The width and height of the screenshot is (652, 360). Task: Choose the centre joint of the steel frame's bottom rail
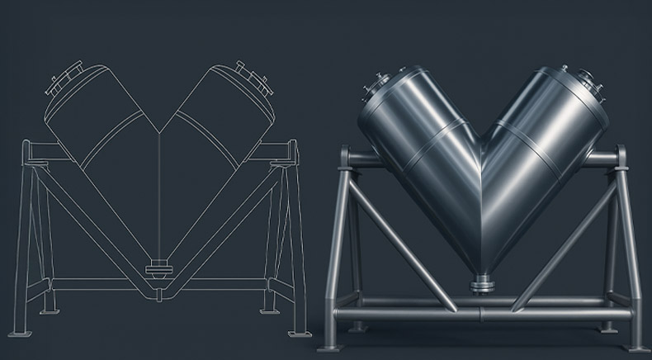point(482,315)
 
